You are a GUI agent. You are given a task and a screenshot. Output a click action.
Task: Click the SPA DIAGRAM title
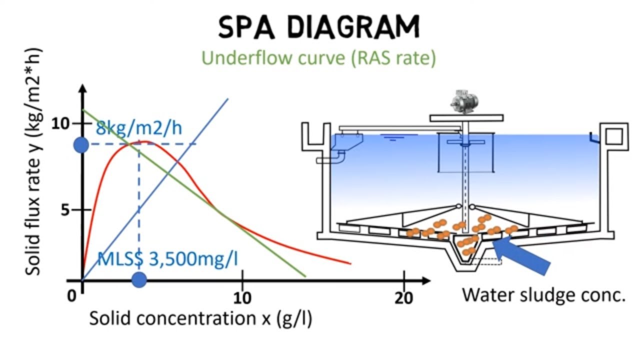(319, 27)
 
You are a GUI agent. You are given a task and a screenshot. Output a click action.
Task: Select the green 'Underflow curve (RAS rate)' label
(319, 58)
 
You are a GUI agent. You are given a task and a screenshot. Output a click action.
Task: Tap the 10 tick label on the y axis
(60, 123)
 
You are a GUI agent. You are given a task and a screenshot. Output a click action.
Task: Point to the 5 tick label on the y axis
(65, 210)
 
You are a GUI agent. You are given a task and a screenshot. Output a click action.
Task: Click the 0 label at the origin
(71, 296)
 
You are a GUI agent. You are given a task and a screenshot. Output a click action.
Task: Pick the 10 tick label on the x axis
(242, 297)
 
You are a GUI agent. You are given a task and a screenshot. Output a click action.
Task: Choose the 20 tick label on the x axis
(403, 297)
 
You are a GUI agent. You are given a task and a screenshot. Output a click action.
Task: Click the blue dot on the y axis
(81, 145)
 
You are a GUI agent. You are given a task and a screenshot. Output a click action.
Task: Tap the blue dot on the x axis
(139, 279)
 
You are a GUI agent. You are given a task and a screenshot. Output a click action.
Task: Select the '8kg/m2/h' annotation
(139, 127)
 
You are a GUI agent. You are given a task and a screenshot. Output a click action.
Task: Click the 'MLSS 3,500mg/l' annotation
(167, 259)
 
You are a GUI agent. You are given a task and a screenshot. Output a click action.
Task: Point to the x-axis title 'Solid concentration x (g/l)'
(201, 318)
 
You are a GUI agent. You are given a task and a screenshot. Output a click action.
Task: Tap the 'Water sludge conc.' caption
(544, 295)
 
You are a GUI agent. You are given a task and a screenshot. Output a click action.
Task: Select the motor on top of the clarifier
(465, 102)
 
